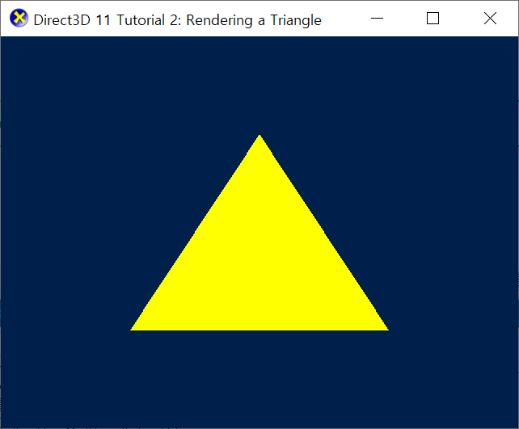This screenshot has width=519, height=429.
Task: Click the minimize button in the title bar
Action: click(377, 19)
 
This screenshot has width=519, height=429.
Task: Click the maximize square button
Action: click(432, 19)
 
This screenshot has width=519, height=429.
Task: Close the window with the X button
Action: click(490, 19)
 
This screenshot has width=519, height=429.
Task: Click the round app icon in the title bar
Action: click(18, 19)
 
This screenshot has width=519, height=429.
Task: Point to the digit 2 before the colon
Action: click(176, 20)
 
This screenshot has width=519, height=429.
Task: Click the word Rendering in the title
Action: click(219, 20)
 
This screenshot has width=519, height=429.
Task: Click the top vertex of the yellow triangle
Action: click(259, 136)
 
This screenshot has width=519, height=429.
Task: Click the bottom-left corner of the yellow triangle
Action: click(133, 329)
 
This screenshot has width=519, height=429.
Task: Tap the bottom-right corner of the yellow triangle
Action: click(386, 329)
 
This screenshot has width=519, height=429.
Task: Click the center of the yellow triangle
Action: click(259, 265)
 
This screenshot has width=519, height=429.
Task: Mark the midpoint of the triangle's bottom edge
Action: click(259, 329)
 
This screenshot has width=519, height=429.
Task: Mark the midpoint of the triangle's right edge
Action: click(323, 233)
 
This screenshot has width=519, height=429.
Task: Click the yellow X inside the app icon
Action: click(18, 19)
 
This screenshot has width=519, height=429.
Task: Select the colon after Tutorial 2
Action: click(183, 21)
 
